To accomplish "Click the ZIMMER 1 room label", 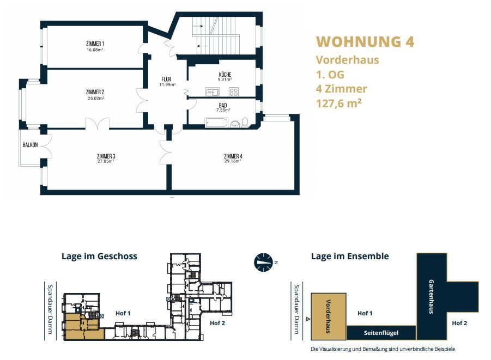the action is pyautogui.click(x=95, y=44).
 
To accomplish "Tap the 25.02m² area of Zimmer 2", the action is pyautogui.click(x=96, y=98).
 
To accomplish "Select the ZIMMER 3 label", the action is pyautogui.click(x=106, y=156).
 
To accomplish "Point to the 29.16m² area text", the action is pyautogui.click(x=233, y=162).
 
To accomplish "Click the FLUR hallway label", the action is pyautogui.click(x=166, y=79).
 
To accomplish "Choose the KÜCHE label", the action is pyautogui.click(x=225, y=75).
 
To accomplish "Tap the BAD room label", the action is pyautogui.click(x=223, y=106).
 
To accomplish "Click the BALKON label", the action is pyautogui.click(x=30, y=145).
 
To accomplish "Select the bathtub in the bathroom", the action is pyautogui.click(x=216, y=123).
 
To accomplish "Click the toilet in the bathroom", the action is pyautogui.click(x=245, y=123).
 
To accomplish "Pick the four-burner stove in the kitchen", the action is pyautogui.click(x=234, y=92).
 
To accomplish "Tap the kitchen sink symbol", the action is pyautogui.click(x=213, y=92).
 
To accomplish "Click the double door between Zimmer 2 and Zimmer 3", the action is pyautogui.click(x=97, y=124).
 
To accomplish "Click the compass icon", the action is pyautogui.click(x=263, y=263).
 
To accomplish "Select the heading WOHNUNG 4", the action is pyautogui.click(x=365, y=41).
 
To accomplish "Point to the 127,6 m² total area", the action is pyautogui.click(x=339, y=103).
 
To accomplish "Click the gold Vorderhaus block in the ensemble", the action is pyautogui.click(x=329, y=316).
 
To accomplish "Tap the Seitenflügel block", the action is pyautogui.click(x=381, y=333).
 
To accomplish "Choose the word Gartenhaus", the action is pyautogui.click(x=431, y=296).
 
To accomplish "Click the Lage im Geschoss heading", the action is pyautogui.click(x=99, y=256).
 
